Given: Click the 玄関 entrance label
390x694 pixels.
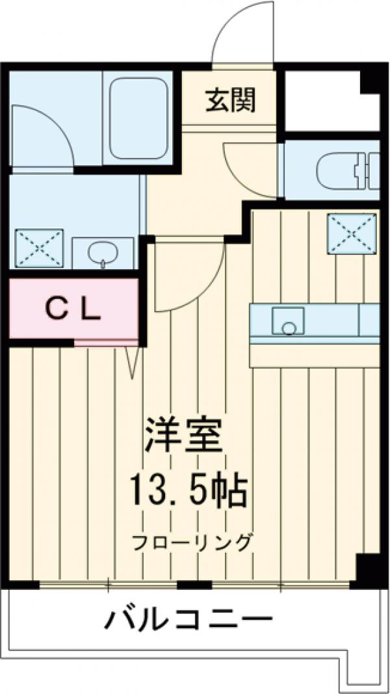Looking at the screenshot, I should click(231, 100).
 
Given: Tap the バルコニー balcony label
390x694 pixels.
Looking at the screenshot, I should click(188, 619).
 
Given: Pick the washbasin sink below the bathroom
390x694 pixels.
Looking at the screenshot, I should click(102, 252).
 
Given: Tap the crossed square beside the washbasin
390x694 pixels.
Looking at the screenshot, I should click(39, 247).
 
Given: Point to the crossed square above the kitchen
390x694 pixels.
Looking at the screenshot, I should click(352, 232).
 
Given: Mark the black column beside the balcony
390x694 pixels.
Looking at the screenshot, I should click(369, 571).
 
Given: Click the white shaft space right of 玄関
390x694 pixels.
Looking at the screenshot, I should click(323, 101).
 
